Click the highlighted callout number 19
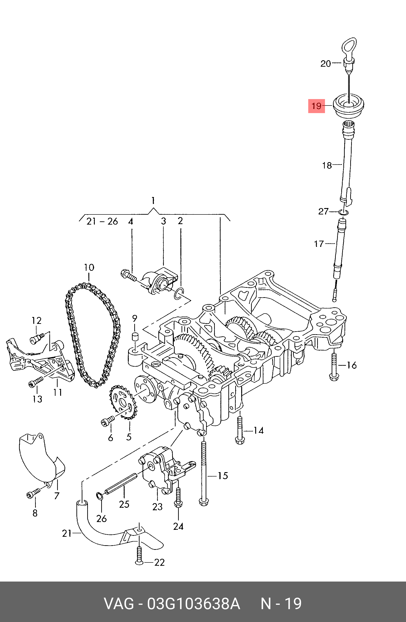(316, 106)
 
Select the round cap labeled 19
(349, 107)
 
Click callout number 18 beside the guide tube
(327, 165)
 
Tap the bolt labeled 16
(334, 367)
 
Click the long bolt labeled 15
(204, 473)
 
